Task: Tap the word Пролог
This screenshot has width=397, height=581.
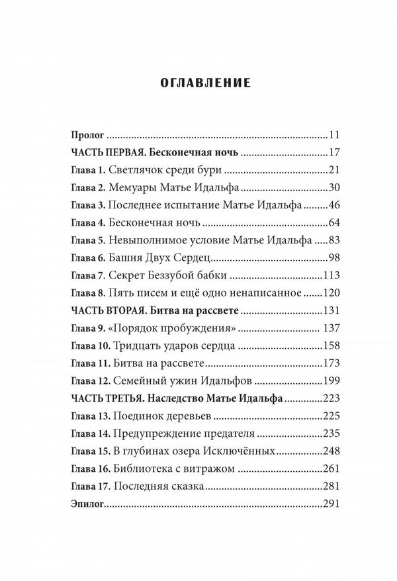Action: click(x=83, y=135)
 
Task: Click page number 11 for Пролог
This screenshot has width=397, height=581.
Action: click(x=333, y=135)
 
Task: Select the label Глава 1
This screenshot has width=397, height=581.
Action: click(x=85, y=170)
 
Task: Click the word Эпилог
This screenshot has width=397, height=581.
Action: click(x=84, y=504)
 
